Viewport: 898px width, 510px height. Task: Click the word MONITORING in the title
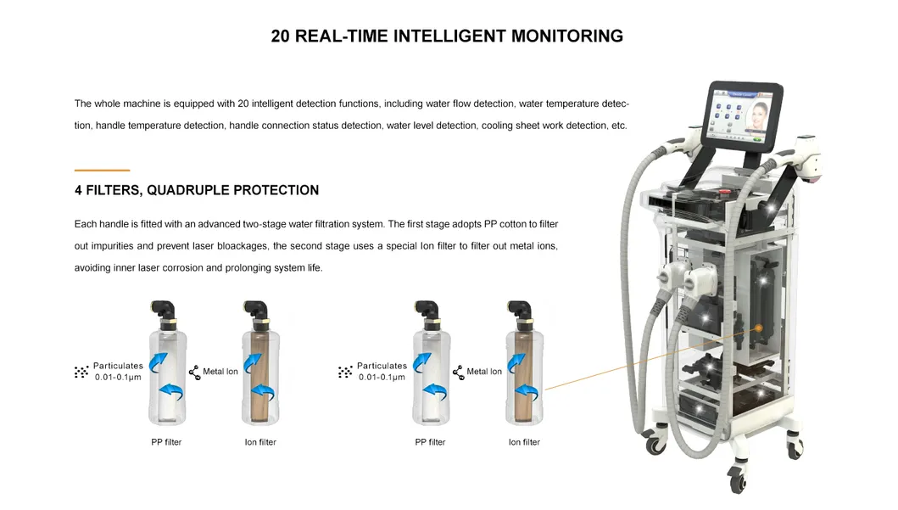(x=567, y=36)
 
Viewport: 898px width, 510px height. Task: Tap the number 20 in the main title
(x=280, y=36)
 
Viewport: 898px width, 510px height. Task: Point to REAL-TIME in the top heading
(x=342, y=36)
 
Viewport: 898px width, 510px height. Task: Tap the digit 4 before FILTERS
(x=78, y=190)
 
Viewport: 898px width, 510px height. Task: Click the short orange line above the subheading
(x=102, y=171)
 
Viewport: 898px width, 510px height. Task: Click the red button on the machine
(x=724, y=192)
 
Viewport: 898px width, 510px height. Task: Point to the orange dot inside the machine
(x=758, y=328)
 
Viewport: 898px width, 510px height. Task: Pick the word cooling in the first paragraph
(x=497, y=126)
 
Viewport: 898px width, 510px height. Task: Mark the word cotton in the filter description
(x=514, y=224)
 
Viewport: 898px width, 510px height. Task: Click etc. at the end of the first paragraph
(x=619, y=126)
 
